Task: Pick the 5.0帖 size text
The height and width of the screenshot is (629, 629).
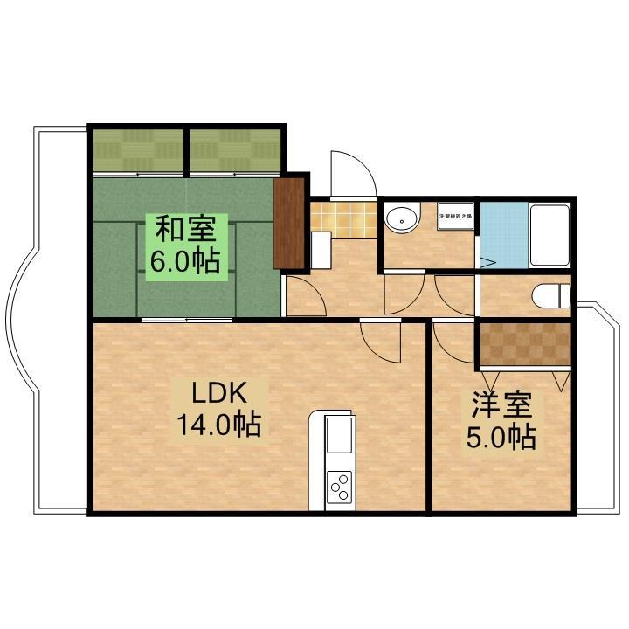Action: (x=501, y=436)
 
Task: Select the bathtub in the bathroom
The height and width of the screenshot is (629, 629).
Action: (x=550, y=234)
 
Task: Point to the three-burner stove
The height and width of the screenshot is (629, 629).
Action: (x=339, y=487)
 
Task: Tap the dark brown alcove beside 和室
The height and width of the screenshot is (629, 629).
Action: (x=288, y=222)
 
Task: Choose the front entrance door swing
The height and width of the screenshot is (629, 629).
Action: (x=352, y=175)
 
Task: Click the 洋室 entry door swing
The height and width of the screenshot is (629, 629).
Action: (x=451, y=341)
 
